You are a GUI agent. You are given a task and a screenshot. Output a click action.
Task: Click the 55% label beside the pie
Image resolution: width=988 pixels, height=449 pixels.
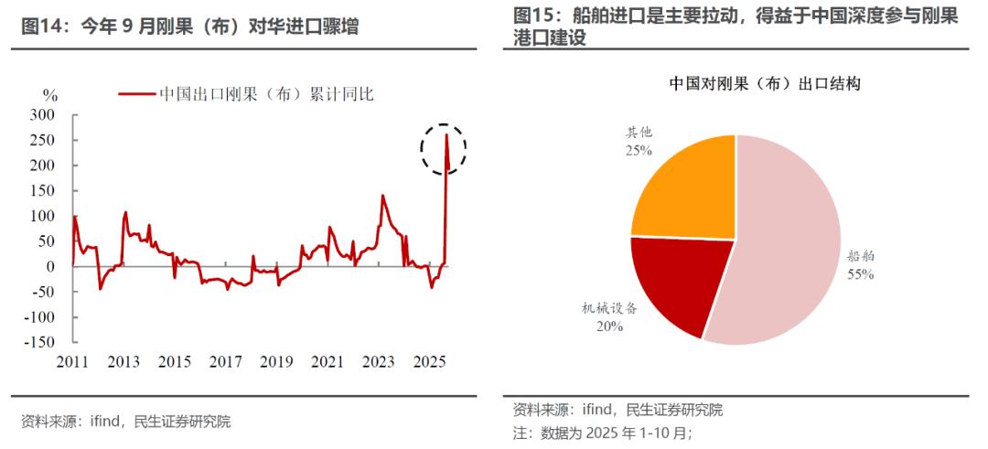point(861,273)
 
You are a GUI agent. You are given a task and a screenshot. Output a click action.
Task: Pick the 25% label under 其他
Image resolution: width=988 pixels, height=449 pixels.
point(639,149)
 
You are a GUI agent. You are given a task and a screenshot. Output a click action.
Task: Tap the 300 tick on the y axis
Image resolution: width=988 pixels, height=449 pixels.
point(42,115)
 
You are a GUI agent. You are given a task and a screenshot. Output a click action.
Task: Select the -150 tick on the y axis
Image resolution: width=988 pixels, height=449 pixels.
point(38,342)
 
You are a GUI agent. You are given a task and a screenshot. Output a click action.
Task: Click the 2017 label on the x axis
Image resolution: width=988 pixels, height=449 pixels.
point(226,362)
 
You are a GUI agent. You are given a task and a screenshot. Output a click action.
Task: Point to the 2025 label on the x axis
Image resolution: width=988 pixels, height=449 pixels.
point(430,362)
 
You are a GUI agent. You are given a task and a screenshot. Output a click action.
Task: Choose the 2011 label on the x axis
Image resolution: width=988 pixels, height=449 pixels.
point(72,362)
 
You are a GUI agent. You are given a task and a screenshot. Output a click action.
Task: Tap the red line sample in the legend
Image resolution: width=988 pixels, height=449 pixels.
point(136,93)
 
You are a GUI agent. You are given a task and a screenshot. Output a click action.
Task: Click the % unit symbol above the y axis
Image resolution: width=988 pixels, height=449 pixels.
point(50,94)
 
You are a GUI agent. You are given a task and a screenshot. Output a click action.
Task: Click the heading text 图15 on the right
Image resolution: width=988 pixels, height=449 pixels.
point(536,16)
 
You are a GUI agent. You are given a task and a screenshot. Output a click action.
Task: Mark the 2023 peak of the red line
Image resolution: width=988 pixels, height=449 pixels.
point(381,196)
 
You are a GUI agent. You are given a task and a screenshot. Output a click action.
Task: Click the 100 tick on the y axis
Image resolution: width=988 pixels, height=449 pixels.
point(42,216)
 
